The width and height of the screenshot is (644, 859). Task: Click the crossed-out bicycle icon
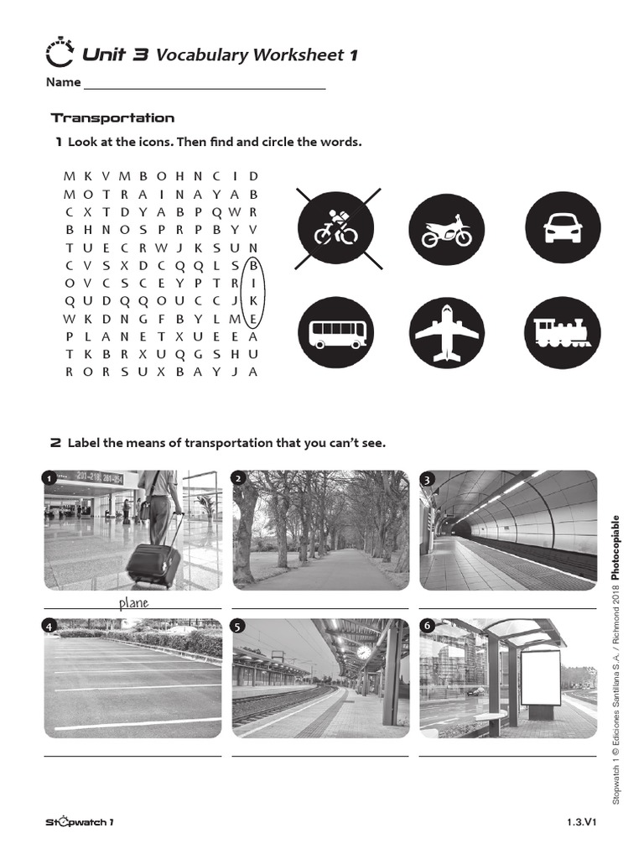pos(335,227)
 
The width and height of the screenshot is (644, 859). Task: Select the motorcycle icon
pos(446,227)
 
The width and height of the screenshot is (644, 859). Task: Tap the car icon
pos(562,227)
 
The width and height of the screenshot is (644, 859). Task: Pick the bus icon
pos(335,333)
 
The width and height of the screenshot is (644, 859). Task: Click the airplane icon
pos(446,333)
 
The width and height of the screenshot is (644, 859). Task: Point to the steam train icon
pos(562,333)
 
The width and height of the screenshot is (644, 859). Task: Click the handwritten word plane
pos(132,602)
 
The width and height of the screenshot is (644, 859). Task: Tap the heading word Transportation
pos(112,118)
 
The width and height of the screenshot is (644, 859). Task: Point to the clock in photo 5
pos(363,652)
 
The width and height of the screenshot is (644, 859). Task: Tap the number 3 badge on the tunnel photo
pos(428,480)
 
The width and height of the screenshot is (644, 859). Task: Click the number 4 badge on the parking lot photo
pos(50,626)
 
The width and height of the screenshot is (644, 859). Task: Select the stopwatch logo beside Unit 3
pos(60,54)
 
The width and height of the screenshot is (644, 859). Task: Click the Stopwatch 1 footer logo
pos(80,822)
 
